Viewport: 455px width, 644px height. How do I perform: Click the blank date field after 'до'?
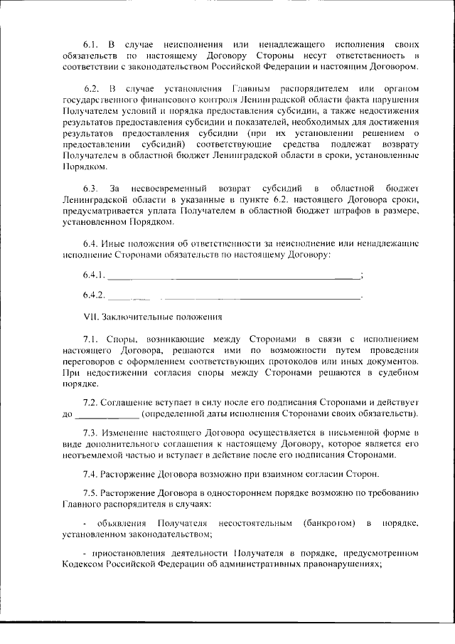coord(107,413)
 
